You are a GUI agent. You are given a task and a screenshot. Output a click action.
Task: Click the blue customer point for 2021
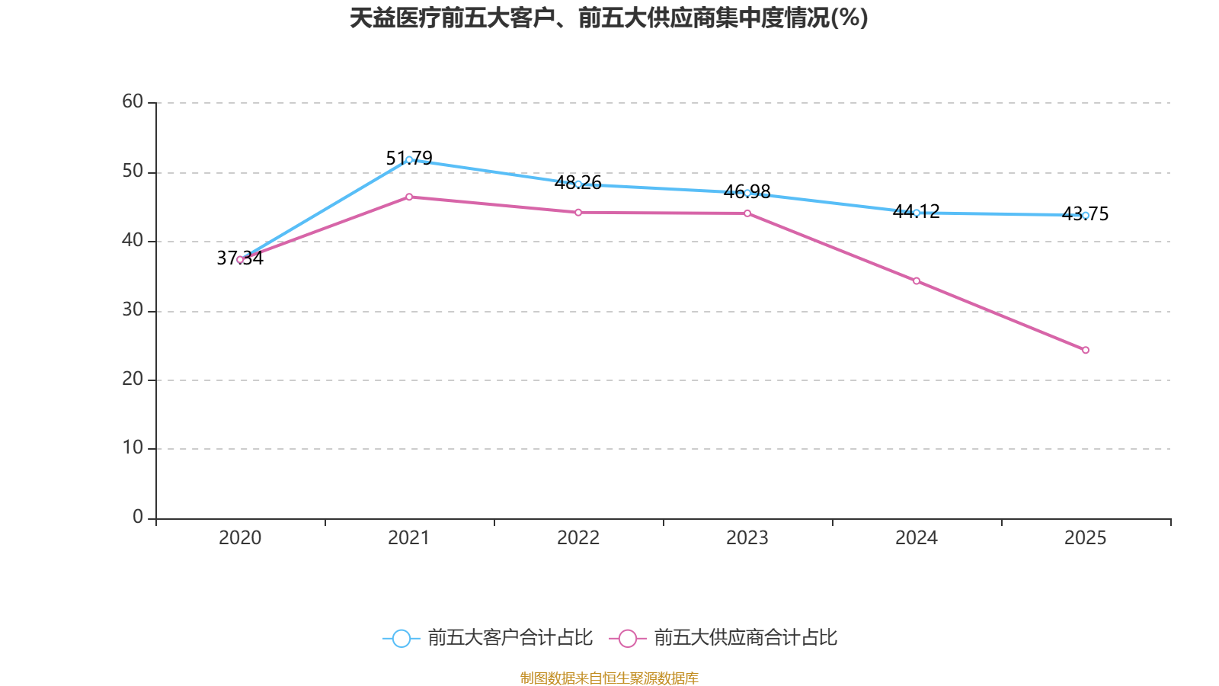click(409, 160)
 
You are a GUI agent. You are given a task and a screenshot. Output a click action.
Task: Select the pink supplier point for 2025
click(1086, 351)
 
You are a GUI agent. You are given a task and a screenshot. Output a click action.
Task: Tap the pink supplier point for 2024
click(917, 281)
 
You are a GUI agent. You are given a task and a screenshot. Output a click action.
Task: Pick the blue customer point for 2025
click(1086, 216)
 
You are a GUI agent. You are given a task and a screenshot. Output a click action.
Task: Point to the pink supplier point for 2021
click(409, 197)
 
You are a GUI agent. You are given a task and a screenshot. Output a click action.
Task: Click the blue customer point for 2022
click(578, 184)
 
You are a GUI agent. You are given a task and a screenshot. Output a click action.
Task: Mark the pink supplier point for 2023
click(747, 213)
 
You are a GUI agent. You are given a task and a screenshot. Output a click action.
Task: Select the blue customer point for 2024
click(917, 213)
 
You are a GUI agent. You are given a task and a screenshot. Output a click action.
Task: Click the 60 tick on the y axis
click(133, 101)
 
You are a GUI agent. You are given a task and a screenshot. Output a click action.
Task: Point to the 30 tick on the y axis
click(133, 309)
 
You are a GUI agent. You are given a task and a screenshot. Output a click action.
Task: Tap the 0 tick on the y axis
click(138, 517)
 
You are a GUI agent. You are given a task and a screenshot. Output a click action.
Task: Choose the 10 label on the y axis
click(133, 447)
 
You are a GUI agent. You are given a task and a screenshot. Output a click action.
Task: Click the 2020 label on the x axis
click(240, 538)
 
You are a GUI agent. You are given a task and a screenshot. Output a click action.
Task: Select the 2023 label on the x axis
click(747, 538)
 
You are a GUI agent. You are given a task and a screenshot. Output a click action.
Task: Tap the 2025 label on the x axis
click(1086, 538)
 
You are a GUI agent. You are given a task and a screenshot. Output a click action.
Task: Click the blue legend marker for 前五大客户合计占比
click(402, 638)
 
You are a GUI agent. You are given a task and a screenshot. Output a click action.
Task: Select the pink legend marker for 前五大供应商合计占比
click(628, 638)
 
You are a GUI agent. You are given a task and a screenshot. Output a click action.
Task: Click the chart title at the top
click(609, 18)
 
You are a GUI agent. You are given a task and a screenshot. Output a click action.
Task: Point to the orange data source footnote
click(609, 678)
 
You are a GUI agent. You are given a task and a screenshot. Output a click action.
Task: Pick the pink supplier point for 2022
click(578, 213)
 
